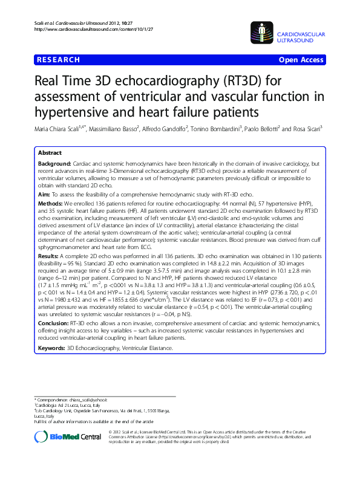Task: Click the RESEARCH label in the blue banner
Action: click(x=58, y=60)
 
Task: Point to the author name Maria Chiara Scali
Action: click(x=57, y=128)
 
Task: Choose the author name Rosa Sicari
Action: click(x=305, y=128)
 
